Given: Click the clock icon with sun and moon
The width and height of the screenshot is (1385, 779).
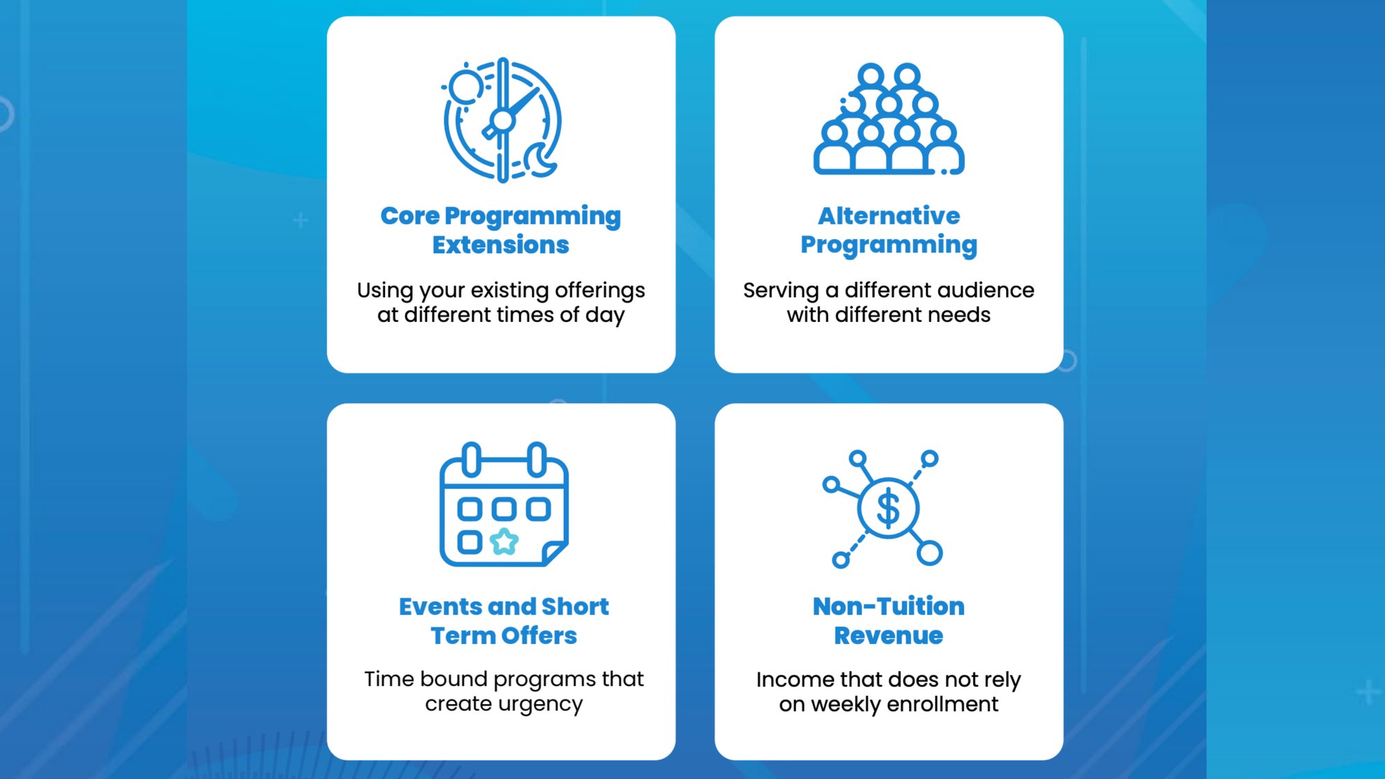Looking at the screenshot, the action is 503,120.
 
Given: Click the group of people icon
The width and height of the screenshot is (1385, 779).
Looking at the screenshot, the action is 888,118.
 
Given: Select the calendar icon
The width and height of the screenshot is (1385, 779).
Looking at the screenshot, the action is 504,504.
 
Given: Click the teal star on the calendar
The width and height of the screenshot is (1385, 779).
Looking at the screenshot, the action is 504,541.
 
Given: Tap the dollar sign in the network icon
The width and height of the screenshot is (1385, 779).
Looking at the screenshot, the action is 888,508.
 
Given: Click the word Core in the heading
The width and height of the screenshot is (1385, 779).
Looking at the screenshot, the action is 410,216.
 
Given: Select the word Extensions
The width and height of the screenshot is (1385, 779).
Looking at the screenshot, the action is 501,245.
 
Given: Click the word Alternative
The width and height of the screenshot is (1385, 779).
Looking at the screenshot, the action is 889,216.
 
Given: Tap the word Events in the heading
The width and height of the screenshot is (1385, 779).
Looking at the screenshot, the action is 440,607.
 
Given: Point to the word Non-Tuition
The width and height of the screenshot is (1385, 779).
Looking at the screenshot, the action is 888,607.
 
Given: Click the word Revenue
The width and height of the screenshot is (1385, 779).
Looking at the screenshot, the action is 888,636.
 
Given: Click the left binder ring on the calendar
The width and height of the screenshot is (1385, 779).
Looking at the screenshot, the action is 472,460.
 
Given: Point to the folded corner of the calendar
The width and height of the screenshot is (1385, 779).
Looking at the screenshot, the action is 555,553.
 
